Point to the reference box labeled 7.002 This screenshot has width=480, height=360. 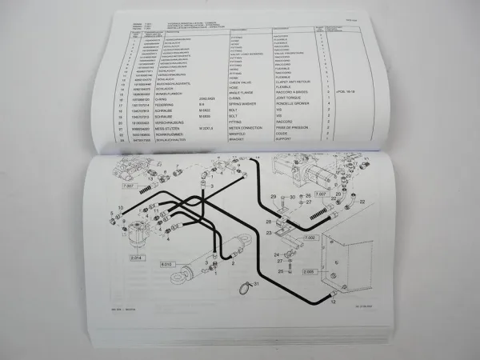(309, 238)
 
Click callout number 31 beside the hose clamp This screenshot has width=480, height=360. (256, 285)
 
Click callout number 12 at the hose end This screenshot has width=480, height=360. (332, 302)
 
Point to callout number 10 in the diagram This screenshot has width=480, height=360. (120, 208)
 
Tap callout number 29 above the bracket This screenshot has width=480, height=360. (273, 196)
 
